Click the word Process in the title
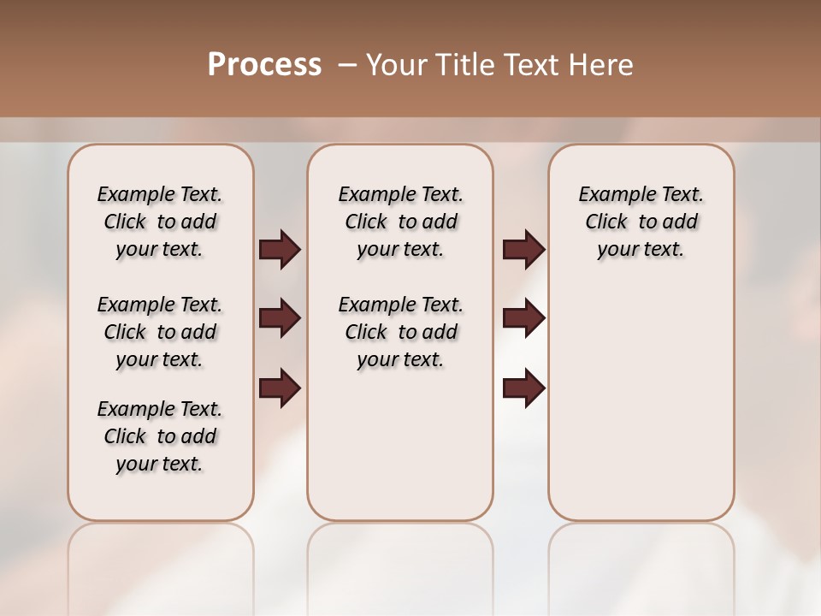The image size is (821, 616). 264,65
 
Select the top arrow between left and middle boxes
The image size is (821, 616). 280,250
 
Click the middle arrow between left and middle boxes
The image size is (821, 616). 280,318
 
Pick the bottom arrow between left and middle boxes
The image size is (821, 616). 280,388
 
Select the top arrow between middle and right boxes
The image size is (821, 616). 523,250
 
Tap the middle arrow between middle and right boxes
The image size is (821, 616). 523,318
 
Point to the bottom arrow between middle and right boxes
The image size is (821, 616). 523,388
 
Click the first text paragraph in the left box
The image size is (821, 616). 160,222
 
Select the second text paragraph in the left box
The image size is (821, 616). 160,332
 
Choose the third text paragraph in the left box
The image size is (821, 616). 160,436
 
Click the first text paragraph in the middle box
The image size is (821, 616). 400,222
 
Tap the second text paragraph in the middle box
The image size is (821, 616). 400,332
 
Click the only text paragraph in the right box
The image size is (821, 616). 641,222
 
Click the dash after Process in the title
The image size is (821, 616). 347,65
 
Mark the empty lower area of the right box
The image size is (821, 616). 641,402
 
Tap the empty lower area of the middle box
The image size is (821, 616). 400,445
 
